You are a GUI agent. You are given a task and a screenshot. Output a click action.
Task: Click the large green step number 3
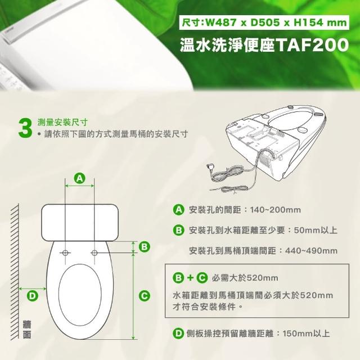tap(25, 129)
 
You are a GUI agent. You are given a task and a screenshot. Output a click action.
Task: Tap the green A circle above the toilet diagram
tap(79, 178)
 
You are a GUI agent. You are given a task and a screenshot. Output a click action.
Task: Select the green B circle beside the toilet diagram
tap(144, 247)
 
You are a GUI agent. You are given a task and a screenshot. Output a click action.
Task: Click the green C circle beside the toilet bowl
tap(144, 295)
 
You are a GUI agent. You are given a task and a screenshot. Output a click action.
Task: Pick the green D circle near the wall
tap(33, 296)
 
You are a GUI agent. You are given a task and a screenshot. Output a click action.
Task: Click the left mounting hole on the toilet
tap(65, 253)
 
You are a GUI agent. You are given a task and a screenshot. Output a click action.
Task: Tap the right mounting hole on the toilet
tap(94, 253)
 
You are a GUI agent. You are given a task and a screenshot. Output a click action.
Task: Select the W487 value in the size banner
tap(220, 22)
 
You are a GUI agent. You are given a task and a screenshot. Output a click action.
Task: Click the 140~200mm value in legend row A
tap(275, 210)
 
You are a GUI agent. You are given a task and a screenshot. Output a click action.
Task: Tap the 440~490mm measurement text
tap(311, 251)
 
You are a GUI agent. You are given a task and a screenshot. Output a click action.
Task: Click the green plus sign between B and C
tap(190, 278)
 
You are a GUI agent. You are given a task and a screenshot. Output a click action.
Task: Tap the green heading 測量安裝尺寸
tap(62, 123)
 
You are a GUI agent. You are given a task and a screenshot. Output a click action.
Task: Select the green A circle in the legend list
tap(178, 210)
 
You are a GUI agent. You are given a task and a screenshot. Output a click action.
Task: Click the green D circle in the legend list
tap(178, 334)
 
